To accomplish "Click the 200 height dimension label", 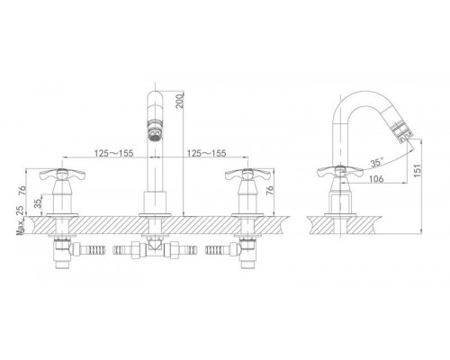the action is coord(179,101).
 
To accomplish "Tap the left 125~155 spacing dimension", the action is coord(113,153).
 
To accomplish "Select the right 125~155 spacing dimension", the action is coord(207,153).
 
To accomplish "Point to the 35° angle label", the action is coord(377,162).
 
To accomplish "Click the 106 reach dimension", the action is coord(376,178).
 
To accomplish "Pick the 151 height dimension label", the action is coord(418,170).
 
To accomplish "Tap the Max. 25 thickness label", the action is coord(20,220).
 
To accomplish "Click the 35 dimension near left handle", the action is coord(38,203).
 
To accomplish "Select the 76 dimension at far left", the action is coord(22,191).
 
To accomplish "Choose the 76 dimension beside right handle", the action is coord(270,191).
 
